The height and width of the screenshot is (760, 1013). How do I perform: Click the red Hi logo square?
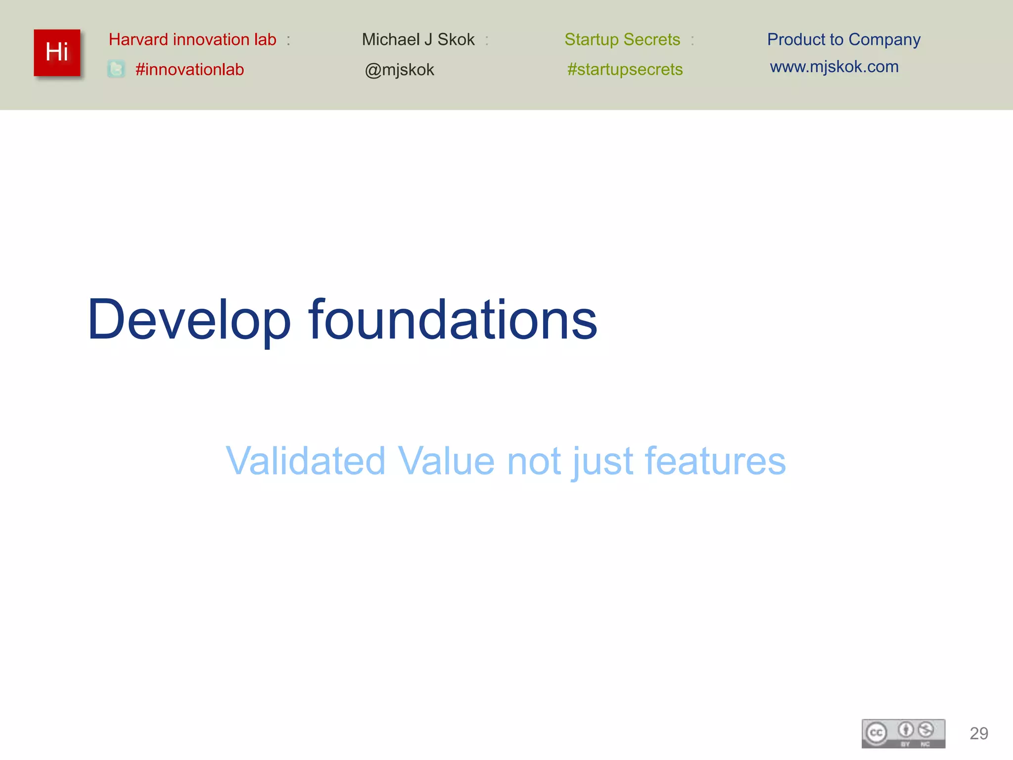(x=57, y=52)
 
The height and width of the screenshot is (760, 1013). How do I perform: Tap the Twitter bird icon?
(x=116, y=69)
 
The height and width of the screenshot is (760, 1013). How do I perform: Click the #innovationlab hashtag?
(x=189, y=69)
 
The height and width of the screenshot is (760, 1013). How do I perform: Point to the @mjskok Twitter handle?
(x=399, y=70)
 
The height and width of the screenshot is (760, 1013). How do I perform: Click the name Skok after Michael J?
(x=456, y=40)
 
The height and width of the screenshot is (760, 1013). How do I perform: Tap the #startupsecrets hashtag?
(x=625, y=69)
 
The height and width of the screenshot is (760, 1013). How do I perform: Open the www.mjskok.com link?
(x=834, y=67)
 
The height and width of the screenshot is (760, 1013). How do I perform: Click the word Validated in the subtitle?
(x=305, y=461)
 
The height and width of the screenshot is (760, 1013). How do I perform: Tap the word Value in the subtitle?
(x=446, y=461)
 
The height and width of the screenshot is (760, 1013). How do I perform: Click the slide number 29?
(x=978, y=733)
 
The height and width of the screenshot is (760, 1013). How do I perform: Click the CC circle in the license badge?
(x=876, y=733)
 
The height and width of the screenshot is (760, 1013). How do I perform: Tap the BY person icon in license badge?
(x=906, y=730)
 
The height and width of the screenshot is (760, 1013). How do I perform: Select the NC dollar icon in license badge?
(x=925, y=730)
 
